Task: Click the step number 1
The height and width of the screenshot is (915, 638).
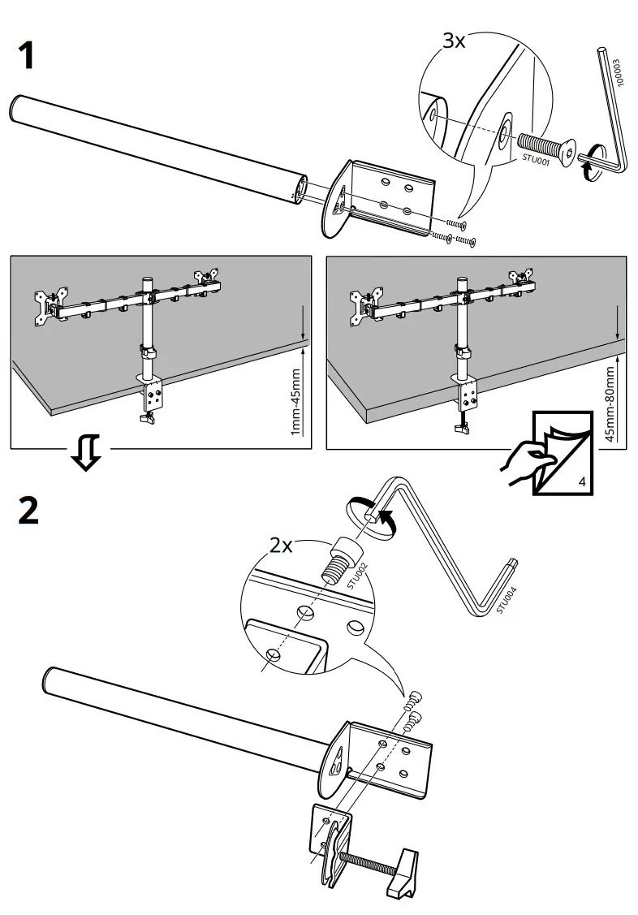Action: (26, 57)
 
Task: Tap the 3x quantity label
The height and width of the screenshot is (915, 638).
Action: (454, 42)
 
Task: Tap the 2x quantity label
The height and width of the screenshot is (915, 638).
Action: (282, 546)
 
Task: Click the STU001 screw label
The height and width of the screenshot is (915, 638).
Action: (536, 162)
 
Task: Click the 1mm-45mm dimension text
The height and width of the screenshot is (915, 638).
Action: (295, 401)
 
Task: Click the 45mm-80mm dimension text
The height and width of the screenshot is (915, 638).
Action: (610, 402)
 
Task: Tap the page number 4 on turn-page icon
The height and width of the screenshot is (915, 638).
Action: (582, 482)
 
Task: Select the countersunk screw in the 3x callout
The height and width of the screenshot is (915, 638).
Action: (546, 149)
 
